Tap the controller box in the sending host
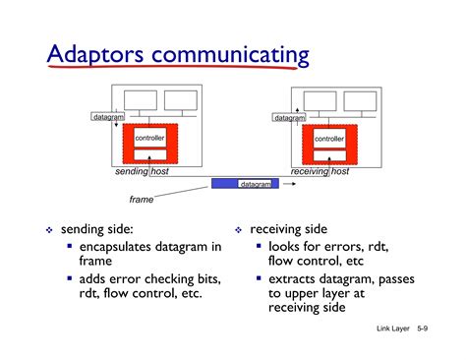click(x=149, y=139)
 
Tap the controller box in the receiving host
click(x=329, y=139)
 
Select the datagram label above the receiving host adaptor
click(x=289, y=118)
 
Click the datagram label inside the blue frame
click(x=255, y=184)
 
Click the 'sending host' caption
click(x=142, y=171)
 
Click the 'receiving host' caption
click(x=320, y=171)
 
